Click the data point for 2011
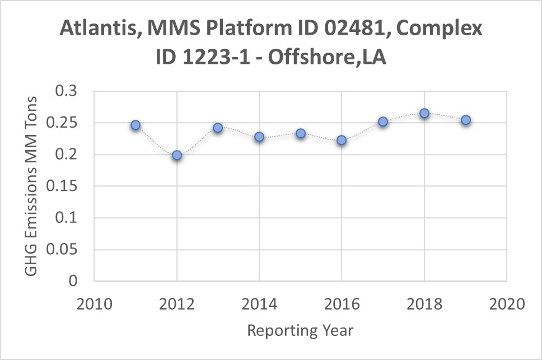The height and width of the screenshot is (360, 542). pos(135,125)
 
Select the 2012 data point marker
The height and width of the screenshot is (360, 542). pos(177,155)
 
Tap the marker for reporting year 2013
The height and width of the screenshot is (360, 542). pos(218,128)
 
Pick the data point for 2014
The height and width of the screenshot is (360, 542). pos(259,137)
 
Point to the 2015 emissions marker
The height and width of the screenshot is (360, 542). pos(301,133)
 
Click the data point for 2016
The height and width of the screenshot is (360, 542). pos(342,140)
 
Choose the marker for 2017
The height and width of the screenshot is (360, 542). pos(383,121)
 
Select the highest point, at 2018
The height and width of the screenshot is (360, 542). pos(424,113)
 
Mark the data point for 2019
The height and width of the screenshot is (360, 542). pos(466,120)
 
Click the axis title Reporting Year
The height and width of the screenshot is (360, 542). pos(300,330)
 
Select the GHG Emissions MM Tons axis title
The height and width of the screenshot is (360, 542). pos(32,186)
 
